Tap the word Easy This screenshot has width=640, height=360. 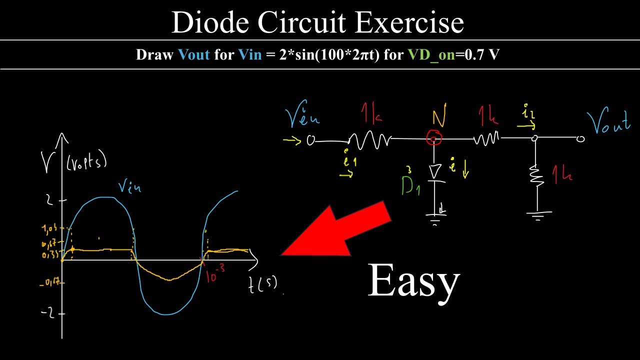tap(413, 281)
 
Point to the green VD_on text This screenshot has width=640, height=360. tap(431, 54)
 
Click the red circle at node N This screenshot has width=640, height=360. tap(433, 137)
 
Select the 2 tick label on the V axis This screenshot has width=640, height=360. tap(49, 200)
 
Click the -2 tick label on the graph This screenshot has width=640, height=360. tap(48, 314)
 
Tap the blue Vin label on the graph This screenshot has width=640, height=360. tap(129, 187)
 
